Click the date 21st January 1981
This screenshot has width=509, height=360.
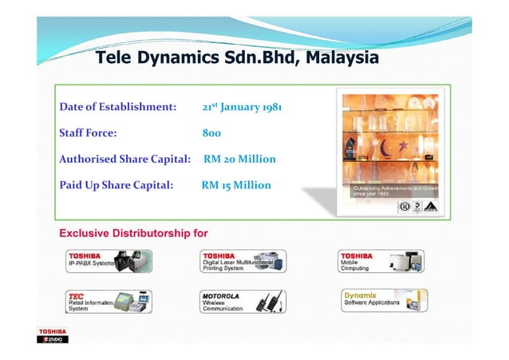pyautogui.click(x=240, y=106)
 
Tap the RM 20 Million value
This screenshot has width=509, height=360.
pyautogui.click(x=239, y=159)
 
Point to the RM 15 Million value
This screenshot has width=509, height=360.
pyautogui.click(x=236, y=185)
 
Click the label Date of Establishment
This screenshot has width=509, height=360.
pyautogui.click(x=117, y=106)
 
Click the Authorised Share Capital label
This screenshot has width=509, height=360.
pyautogui.click(x=124, y=159)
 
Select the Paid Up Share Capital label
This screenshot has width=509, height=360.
pyautogui.click(x=116, y=185)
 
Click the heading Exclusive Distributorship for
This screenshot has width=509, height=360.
pyautogui.click(x=134, y=234)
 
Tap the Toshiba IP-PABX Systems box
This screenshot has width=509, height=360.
pyautogui.click(x=109, y=261)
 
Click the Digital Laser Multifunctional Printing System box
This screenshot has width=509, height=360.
pyautogui.click(x=243, y=261)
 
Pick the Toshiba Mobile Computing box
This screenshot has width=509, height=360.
pyautogui.click(x=382, y=261)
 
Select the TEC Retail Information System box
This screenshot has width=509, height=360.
pyautogui.click(x=109, y=301)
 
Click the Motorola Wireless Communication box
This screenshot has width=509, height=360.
pyautogui.click(x=243, y=301)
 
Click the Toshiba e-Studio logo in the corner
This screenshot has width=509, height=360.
pyautogui.click(x=53, y=335)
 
